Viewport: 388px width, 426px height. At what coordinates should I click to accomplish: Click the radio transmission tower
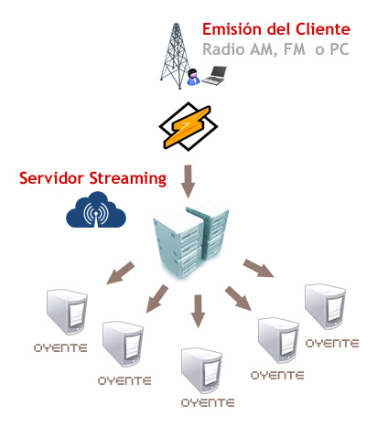177,57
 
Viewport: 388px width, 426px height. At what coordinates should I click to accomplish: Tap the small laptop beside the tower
215,75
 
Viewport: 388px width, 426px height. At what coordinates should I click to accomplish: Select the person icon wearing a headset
193,77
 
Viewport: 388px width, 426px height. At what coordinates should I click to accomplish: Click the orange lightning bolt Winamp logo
189,126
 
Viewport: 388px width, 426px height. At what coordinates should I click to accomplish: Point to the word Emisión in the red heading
232,29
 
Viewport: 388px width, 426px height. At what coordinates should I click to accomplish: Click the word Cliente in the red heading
323,29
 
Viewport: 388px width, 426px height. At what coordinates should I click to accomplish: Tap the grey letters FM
295,49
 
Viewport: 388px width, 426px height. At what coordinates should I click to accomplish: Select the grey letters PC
339,49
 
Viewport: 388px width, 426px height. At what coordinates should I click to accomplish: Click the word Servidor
51,178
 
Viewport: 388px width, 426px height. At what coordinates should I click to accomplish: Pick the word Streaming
128,179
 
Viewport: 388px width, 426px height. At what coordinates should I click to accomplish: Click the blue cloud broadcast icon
96,210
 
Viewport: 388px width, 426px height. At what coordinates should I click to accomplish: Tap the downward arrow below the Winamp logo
189,182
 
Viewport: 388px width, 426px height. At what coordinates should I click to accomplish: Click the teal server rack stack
191,240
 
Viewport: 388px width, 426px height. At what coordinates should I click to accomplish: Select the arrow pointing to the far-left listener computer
120,273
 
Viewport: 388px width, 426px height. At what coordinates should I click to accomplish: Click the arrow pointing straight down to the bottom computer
199,311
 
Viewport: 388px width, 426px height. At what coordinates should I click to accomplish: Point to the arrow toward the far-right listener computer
259,269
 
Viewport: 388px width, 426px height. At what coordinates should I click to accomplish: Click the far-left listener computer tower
67,312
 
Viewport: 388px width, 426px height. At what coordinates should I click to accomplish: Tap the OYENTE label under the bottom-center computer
208,403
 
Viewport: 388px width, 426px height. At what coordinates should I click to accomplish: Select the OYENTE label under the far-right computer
332,344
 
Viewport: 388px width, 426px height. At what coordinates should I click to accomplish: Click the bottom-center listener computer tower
201,370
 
